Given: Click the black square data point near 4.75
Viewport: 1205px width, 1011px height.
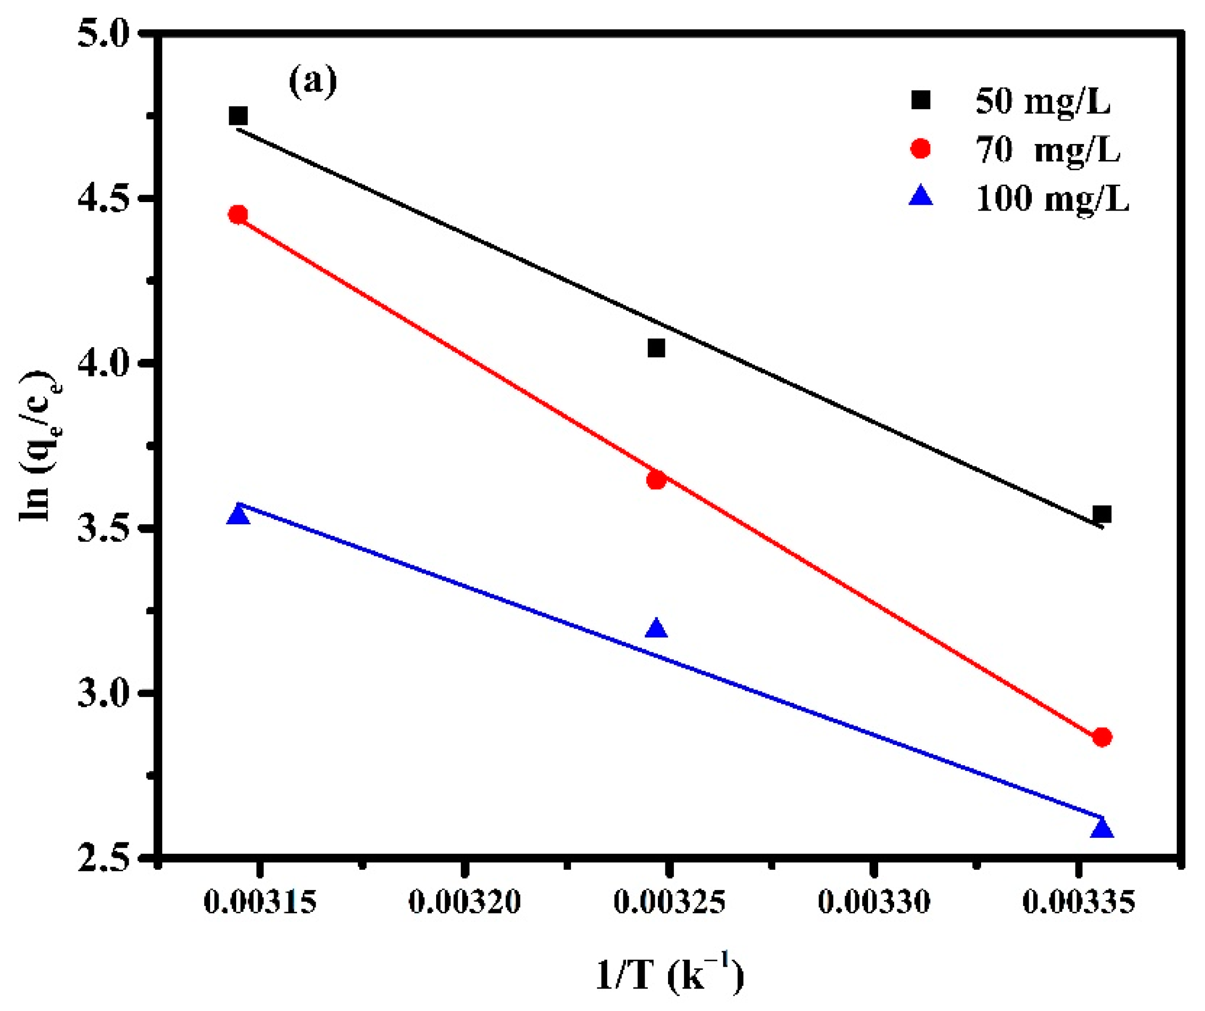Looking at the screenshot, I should coord(238,116).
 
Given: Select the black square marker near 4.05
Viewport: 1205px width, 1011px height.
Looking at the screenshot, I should coord(656,348).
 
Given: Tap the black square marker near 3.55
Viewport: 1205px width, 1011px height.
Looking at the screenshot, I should coord(1102,513).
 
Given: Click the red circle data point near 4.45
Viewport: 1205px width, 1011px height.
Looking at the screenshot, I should coord(238,214).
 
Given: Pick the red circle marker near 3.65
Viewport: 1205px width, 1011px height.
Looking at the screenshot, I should coord(656,480).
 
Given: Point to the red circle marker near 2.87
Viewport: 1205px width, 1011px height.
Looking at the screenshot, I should coord(1102,737).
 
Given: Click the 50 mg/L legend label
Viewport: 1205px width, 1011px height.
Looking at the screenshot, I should coord(1043,102).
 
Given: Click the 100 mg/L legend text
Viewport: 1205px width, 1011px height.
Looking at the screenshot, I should coord(1053,199).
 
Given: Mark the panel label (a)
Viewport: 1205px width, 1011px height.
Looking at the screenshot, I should coord(313,83).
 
